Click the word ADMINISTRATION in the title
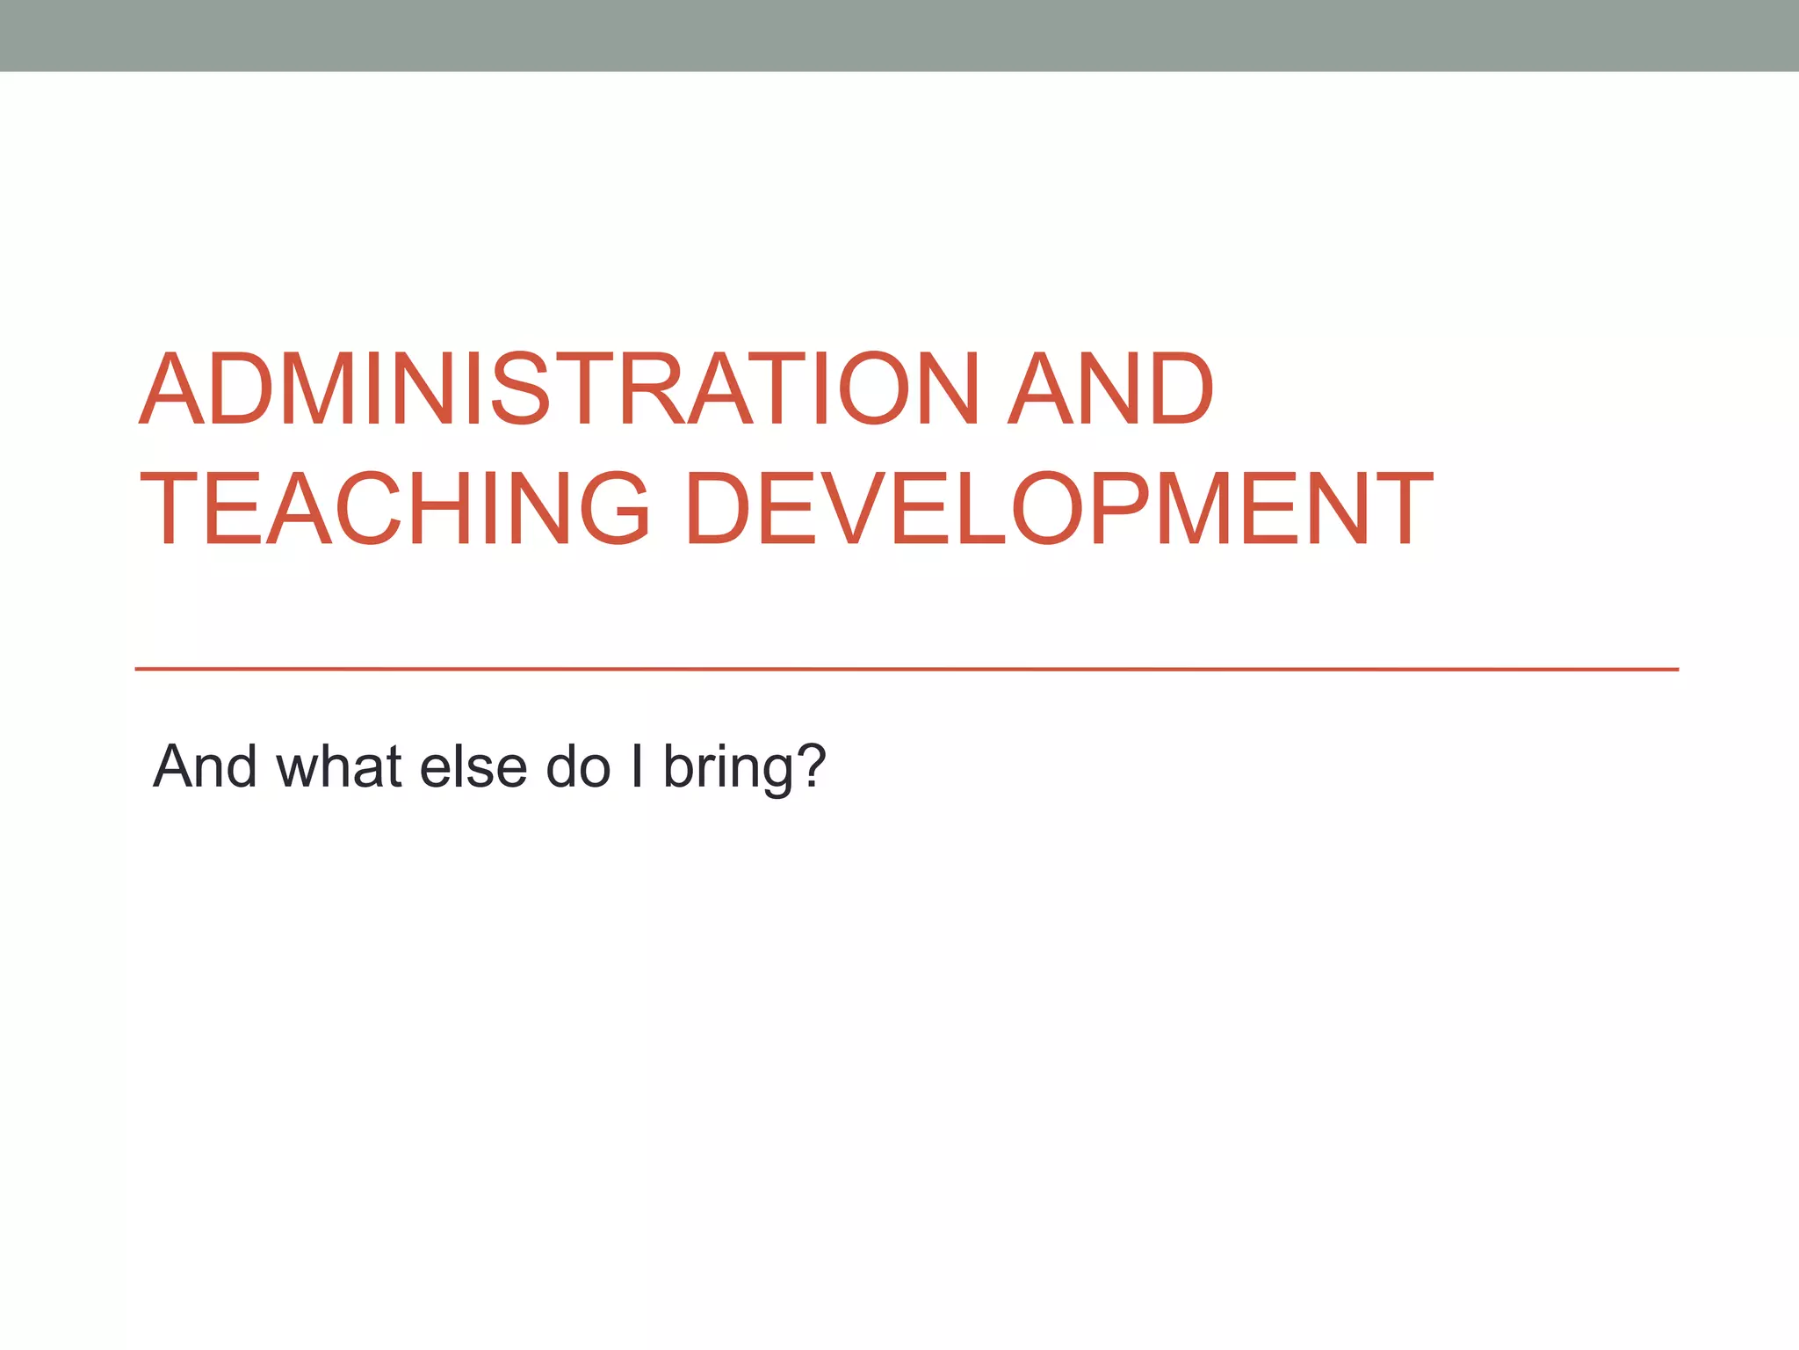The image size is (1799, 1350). coord(559,388)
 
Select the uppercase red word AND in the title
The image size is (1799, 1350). coord(1110,388)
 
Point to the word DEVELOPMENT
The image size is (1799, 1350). coord(1058,508)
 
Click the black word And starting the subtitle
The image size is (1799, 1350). coord(205,766)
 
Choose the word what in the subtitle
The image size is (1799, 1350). coord(340,766)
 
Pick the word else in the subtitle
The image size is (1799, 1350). coord(473,766)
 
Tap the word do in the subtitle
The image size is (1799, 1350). coord(578,766)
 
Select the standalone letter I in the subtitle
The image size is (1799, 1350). coord(637,766)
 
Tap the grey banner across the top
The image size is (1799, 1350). coord(899,35)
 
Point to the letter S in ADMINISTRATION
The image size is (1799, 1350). coord(520,388)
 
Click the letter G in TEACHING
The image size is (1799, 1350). coord(616,508)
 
